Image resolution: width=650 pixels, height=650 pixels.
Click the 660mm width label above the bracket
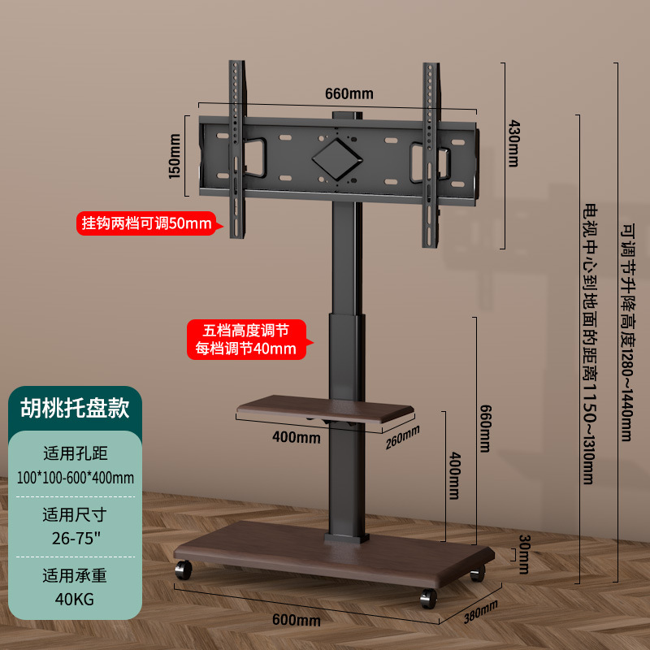tap(349, 93)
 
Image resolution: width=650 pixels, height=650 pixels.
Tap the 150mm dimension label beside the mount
tap(173, 158)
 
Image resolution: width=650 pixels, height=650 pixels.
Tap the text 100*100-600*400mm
tap(75, 477)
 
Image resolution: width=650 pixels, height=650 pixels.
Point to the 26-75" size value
tap(75, 539)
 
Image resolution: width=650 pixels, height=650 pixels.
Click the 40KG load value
tap(75, 600)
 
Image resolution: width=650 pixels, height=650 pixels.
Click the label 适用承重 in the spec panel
tap(75, 576)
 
